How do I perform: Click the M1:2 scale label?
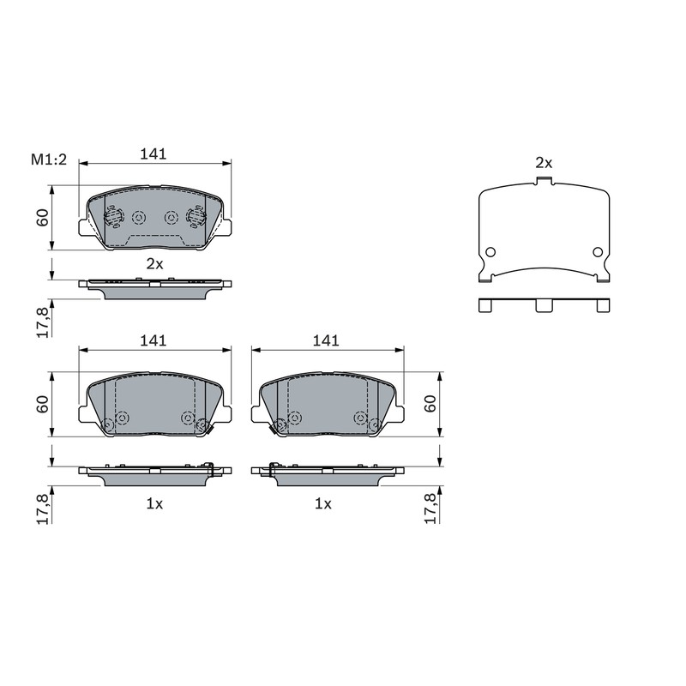click(49, 159)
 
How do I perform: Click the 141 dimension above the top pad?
click(153, 154)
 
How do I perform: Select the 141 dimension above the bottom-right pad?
click(326, 340)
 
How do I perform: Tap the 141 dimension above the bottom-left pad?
click(153, 340)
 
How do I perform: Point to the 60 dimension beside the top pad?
click(42, 218)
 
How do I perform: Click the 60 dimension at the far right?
click(430, 403)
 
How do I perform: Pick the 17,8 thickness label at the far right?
click(430, 508)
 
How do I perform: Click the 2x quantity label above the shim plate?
click(544, 163)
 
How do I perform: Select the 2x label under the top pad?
click(154, 264)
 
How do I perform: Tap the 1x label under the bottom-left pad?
click(154, 504)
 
